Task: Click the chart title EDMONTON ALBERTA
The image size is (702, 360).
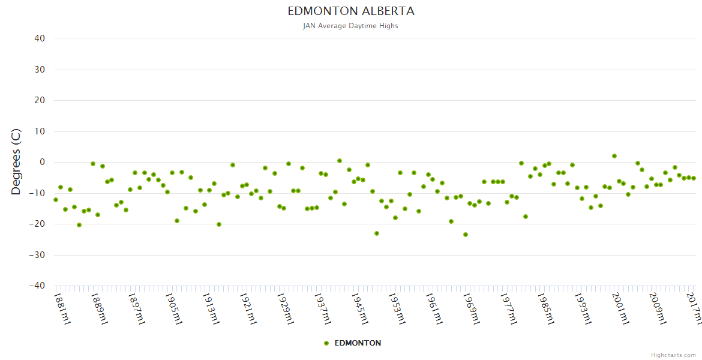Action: [351, 11]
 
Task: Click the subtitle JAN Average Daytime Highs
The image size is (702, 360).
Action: [351, 26]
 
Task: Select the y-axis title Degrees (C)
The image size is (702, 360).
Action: [16, 162]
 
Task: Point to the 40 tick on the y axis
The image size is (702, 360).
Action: [40, 38]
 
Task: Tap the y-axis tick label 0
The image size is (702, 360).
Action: [42, 162]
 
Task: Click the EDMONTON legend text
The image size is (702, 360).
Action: [358, 343]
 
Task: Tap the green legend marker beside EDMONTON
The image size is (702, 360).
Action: [326, 343]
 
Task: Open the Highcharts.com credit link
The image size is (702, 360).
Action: [673, 355]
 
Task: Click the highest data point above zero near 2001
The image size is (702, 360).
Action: [614, 156]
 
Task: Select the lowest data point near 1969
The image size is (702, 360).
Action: [466, 235]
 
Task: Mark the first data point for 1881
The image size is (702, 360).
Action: [56, 200]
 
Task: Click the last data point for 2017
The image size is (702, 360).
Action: [694, 178]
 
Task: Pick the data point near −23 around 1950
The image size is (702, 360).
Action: [377, 233]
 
